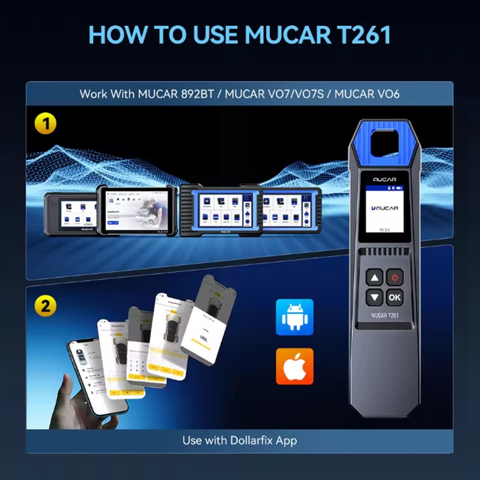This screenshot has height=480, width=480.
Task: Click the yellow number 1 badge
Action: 46,124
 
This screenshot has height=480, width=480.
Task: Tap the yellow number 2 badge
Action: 46,306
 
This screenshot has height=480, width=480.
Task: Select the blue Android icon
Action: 294,317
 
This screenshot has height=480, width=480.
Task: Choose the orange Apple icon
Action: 294,366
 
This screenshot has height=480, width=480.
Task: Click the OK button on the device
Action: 394,298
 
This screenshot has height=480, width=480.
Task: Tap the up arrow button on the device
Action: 374,277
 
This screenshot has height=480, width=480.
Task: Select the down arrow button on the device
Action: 374,298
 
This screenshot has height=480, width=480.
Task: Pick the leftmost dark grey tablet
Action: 72,214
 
